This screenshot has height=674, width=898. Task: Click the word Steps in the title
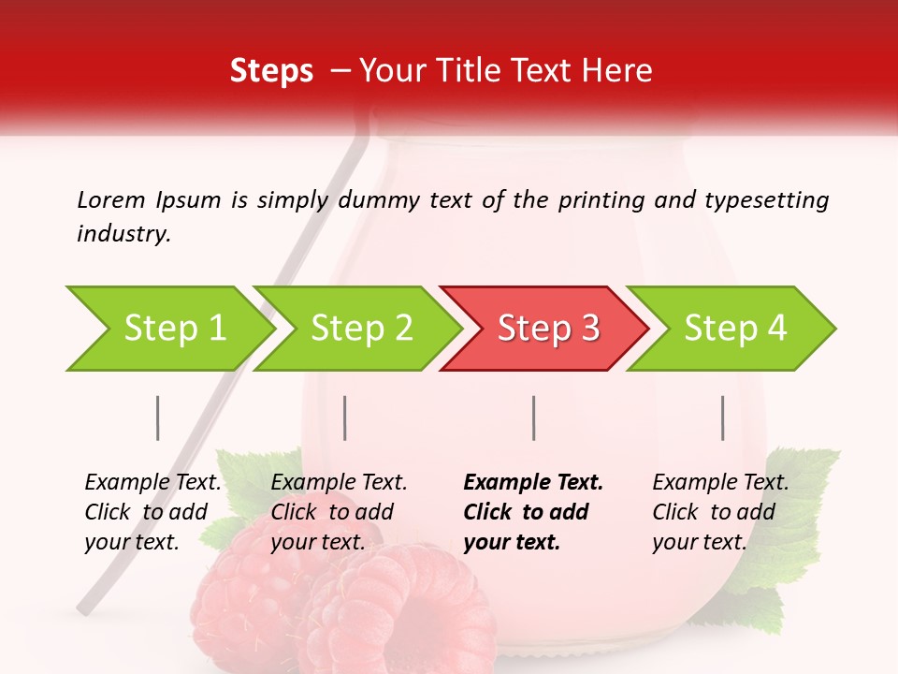271,71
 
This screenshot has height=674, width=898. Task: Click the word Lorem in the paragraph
111,199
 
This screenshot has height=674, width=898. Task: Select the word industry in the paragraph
123,234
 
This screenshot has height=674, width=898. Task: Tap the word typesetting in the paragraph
766,200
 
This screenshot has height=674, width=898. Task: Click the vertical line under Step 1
158,418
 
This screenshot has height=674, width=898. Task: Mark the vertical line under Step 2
345,418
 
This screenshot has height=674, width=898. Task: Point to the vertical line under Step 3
533,418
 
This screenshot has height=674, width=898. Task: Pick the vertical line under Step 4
722,418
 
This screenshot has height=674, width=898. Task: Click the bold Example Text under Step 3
533,482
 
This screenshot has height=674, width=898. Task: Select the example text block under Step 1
152,512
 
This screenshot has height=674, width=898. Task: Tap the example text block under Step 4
720,512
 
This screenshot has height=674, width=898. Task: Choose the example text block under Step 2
339,512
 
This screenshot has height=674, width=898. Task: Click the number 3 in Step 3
588,329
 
